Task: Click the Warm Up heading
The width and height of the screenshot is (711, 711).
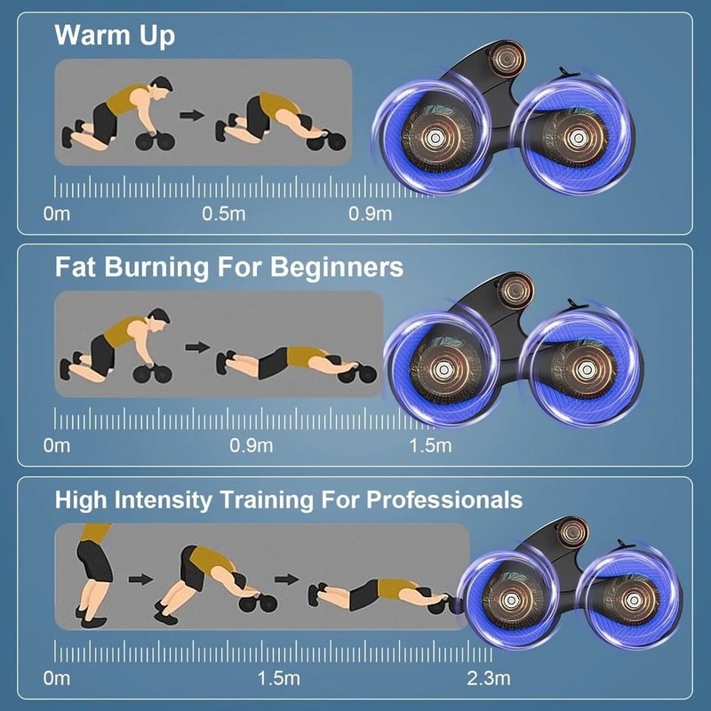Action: [115, 36]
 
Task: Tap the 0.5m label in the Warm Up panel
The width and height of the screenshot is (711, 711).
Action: [222, 213]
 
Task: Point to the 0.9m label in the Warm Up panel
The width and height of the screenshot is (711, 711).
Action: [370, 213]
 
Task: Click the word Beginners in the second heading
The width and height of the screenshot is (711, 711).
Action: [332, 267]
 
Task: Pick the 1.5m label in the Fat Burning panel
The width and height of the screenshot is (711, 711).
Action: [431, 444]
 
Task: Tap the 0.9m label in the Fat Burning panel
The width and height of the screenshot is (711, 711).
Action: [251, 444]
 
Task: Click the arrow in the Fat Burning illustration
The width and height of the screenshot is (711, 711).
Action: [197, 347]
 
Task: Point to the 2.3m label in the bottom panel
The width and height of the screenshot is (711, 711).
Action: [488, 679]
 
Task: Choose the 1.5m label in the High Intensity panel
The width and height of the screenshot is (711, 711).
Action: [279, 679]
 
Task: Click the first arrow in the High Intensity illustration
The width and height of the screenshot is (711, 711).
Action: [139, 579]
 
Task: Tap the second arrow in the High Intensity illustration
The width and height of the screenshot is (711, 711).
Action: [284, 579]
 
